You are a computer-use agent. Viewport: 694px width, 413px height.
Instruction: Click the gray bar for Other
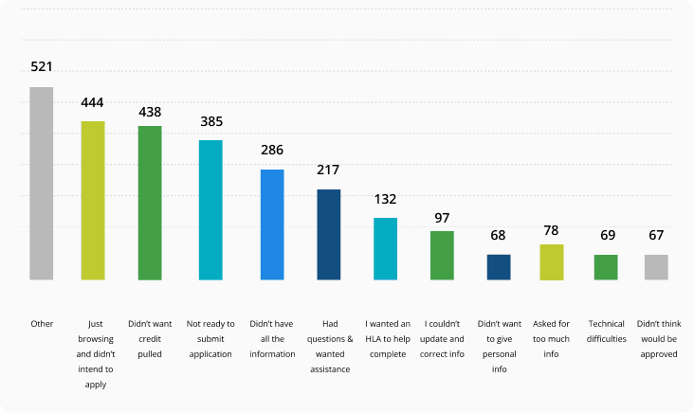pos(41,184)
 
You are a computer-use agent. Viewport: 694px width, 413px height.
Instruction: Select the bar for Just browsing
pos(92,201)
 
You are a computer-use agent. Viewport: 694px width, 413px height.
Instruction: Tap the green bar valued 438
pos(150,203)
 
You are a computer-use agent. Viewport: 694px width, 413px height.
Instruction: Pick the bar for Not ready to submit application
pos(210,210)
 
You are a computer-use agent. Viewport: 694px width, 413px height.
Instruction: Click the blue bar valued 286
pos(272,224)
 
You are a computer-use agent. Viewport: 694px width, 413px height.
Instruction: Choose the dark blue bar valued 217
pos(329,235)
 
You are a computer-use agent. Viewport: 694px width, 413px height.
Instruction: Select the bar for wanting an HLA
pos(385,249)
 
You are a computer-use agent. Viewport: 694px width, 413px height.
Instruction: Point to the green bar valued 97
pos(442,256)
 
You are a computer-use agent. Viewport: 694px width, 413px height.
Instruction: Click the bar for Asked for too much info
pos(552,262)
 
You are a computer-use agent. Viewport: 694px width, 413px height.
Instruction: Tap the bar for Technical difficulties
pos(606,267)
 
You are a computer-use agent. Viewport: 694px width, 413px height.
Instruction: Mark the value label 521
pos(41,67)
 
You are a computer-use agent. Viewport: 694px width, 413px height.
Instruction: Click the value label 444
pos(92,102)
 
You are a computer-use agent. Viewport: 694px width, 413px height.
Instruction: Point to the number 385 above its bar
pos(210,121)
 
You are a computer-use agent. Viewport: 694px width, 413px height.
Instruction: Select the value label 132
pos(385,199)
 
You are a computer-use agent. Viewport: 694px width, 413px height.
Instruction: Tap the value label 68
pos(497,236)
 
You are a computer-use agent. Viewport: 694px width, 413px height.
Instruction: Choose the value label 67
pos(656,236)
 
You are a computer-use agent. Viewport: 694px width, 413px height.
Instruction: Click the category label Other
pos(41,323)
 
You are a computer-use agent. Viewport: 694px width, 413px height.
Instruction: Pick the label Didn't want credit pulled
pos(150,338)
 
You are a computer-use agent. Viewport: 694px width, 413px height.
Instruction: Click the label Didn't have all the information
pos(272,338)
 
